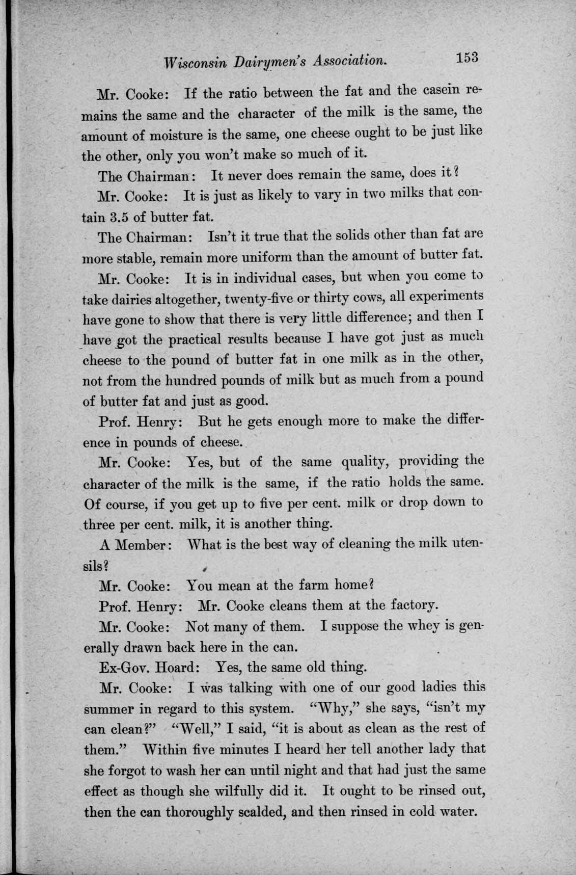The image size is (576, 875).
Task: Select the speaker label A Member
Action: pos(138,544)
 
